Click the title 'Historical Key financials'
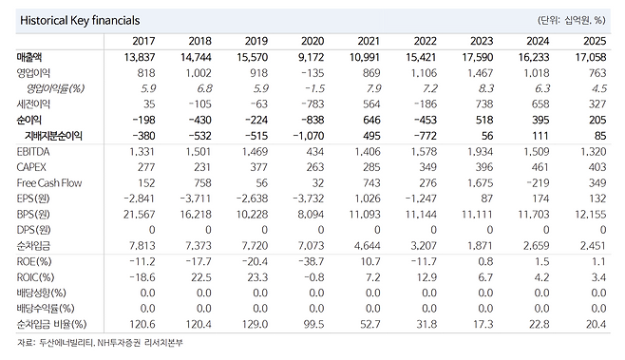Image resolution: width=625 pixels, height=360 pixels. (80, 20)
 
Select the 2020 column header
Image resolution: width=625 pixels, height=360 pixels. (312, 41)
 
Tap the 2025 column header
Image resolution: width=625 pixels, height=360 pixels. (595, 41)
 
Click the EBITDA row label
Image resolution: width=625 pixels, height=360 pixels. (33, 151)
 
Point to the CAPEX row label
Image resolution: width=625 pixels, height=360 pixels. (31, 167)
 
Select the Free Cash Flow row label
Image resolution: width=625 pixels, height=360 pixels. (49, 183)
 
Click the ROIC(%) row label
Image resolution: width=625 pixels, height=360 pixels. (35, 277)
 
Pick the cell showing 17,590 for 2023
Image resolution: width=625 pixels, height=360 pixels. (478, 57)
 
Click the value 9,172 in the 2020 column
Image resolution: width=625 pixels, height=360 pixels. (311, 57)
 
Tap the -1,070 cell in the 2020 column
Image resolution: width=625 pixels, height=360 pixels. (309, 136)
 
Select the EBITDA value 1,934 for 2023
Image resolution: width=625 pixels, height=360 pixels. (480, 151)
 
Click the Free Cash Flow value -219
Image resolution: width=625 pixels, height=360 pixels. (538, 183)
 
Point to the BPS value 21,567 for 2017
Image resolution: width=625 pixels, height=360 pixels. (139, 215)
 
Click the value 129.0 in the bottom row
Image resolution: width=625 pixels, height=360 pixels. (256, 324)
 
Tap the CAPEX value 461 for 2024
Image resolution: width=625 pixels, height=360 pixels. (540, 167)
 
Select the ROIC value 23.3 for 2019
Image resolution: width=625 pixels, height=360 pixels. (257, 277)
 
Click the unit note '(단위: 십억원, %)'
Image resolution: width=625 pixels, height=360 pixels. (572, 20)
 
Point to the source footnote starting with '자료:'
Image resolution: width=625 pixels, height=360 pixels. (100, 343)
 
